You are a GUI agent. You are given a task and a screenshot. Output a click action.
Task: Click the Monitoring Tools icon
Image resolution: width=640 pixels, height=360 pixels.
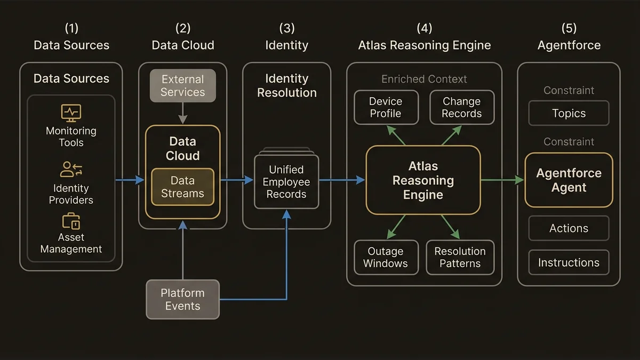(71, 113)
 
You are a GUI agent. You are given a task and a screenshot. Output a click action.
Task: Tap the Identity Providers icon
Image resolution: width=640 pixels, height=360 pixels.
(71, 170)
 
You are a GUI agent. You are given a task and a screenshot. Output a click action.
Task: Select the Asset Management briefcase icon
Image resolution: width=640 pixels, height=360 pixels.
(71, 221)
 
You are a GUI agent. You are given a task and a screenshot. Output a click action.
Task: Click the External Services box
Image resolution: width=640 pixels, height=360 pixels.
(182, 85)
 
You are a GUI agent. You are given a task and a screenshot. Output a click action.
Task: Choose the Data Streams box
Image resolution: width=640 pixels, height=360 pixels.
(182, 187)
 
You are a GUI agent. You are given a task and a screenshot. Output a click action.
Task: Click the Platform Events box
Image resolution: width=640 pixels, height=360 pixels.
(182, 299)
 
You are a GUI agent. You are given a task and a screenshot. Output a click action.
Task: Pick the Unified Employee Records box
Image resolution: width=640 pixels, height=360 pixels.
(286, 182)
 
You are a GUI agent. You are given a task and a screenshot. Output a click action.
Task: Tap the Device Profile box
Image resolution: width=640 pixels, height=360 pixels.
(385, 107)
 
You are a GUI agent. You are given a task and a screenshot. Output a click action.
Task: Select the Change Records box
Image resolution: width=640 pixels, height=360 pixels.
(461, 107)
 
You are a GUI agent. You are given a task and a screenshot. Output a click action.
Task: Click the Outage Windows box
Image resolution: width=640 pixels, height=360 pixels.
(385, 257)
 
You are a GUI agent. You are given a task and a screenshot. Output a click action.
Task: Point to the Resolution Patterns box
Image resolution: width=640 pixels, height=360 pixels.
(460, 257)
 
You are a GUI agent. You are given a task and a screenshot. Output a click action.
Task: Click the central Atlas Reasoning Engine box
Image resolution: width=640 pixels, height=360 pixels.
(423, 180)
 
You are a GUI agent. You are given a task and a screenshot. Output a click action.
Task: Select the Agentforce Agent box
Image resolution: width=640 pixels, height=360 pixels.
(569, 180)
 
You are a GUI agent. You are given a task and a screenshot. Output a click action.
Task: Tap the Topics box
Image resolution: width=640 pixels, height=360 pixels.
(569, 113)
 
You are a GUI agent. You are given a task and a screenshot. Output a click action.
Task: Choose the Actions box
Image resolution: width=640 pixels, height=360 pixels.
(569, 228)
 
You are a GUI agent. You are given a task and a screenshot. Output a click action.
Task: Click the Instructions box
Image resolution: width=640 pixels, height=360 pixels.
(569, 262)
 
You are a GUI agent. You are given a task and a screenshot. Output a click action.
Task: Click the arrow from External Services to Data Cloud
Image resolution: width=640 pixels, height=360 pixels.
(182, 114)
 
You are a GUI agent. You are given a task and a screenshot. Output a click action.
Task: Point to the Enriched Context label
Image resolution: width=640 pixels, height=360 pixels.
(424, 79)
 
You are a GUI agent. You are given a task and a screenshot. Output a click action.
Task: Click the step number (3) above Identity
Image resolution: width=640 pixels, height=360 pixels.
(286, 28)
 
